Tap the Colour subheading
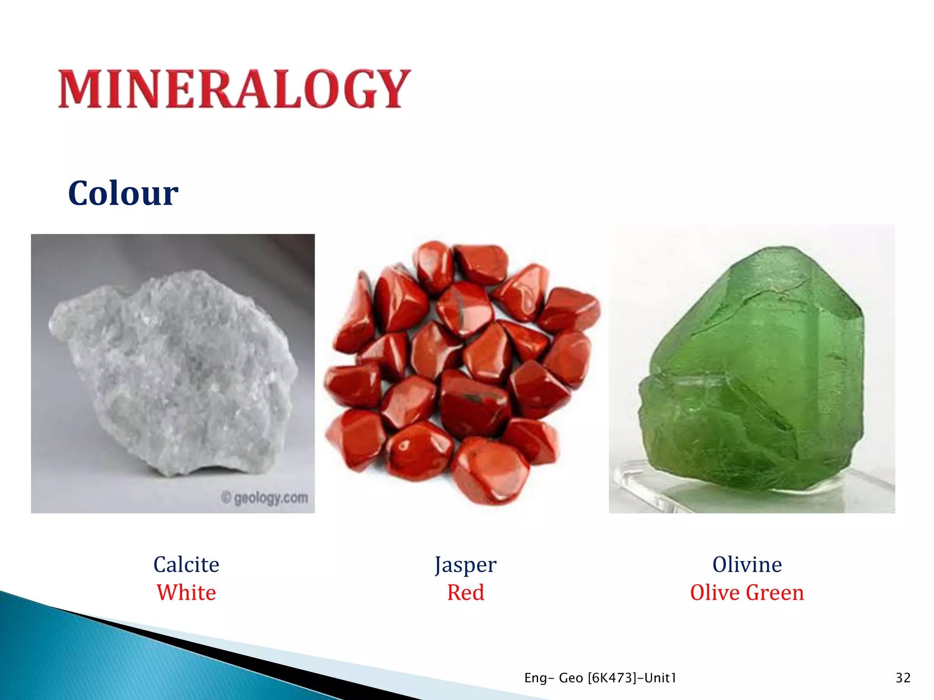click(123, 193)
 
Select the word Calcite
click(186, 565)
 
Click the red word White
click(186, 592)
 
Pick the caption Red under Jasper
click(465, 592)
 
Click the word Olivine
click(747, 565)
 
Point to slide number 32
click(903, 678)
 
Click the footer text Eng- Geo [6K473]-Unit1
click(600, 678)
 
